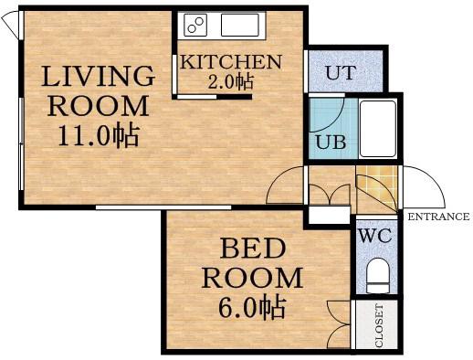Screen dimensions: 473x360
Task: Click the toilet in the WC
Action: [378, 275]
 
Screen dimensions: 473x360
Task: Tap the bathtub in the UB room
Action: [378, 129]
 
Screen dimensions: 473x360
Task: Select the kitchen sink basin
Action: [240, 25]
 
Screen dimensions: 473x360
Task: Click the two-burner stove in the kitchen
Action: [195, 25]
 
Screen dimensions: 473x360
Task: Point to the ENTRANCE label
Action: [438, 217]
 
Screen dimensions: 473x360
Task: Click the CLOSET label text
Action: [379, 325]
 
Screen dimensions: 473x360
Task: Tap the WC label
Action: [375, 236]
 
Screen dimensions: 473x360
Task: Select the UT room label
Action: [341, 72]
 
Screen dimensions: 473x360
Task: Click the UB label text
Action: [331, 142]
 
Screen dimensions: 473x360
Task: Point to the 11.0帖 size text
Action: [99, 136]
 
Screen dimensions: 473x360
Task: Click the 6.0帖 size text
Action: [252, 307]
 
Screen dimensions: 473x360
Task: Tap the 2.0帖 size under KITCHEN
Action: [230, 82]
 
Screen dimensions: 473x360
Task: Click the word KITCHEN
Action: [231, 62]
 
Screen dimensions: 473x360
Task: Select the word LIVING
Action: [98, 76]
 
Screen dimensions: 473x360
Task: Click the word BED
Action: [253, 249]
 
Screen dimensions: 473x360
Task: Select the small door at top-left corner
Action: [9, 25]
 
